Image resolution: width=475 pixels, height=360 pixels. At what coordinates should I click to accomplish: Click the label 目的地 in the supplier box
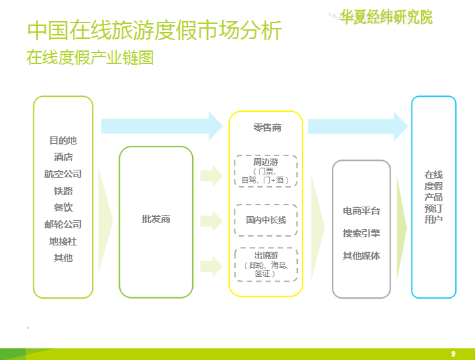tap(63, 140)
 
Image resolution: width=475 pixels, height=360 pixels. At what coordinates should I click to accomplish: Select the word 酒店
tap(63, 157)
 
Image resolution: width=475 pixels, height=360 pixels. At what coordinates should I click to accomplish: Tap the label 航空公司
tap(63, 174)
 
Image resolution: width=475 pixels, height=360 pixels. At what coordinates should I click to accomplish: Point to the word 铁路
tap(63, 191)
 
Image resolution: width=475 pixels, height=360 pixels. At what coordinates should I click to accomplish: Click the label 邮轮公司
tap(63, 224)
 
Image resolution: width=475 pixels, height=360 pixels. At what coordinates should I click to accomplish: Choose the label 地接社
tap(63, 241)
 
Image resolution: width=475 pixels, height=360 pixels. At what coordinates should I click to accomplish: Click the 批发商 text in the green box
tap(156, 220)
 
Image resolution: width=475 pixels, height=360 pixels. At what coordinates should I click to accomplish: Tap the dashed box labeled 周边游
tap(266, 170)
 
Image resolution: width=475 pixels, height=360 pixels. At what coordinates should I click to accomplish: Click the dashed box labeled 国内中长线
tap(266, 220)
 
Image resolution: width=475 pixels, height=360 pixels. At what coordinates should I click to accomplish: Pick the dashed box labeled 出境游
tap(266, 265)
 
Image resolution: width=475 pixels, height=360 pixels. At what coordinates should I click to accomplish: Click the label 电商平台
tap(361, 211)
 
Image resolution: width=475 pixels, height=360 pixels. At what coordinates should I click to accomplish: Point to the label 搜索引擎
tap(361, 233)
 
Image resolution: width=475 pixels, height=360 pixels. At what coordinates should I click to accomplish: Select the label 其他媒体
tap(361, 256)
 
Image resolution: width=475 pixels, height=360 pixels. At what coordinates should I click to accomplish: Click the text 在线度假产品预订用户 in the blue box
tap(433, 197)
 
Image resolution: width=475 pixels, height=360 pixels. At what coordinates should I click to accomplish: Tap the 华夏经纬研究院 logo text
tap(386, 17)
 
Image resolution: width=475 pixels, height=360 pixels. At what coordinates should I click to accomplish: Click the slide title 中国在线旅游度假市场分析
tap(154, 31)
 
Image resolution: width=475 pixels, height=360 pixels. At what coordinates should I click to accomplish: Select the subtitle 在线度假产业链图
tap(90, 57)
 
